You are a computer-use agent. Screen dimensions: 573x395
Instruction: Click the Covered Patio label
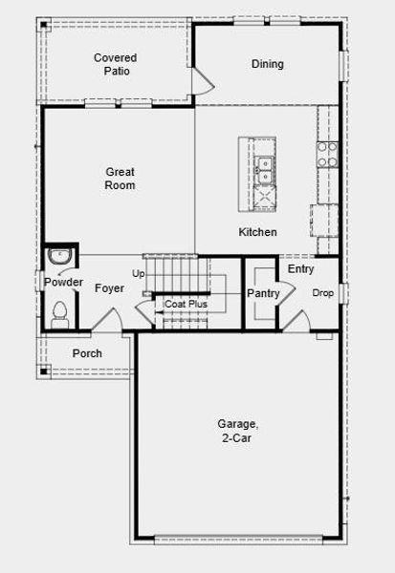115,65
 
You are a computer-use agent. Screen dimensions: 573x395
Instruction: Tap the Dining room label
268,65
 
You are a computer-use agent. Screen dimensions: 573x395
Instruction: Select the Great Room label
121,179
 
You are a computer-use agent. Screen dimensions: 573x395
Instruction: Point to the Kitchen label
257,232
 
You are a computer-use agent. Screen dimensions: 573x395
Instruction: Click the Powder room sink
59,257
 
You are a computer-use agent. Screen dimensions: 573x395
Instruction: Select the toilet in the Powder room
59,313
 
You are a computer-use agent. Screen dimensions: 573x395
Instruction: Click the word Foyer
109,286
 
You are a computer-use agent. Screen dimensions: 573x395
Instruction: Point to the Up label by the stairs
139,274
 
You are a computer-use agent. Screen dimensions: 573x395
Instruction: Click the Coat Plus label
186,305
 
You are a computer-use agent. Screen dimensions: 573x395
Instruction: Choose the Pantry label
263,294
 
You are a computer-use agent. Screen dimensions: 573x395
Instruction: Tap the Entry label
300,269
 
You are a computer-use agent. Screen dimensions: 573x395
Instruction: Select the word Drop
322,293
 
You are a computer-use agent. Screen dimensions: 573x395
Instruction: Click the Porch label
87,354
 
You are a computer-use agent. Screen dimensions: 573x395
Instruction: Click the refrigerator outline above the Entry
324,220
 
